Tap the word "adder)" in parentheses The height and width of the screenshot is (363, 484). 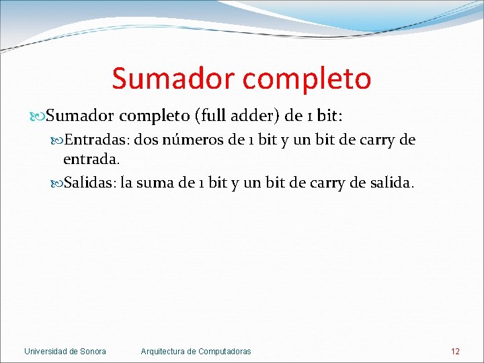click(x=256, y=116)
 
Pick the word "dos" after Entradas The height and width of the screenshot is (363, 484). click(x=147, y=140)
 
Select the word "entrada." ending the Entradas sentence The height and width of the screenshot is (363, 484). click(x=91, y=159)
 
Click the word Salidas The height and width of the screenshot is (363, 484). click(x=90, y=183)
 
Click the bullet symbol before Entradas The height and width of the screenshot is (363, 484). click(x=58, y=140)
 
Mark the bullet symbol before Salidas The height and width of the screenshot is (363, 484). click(x=58, y=184)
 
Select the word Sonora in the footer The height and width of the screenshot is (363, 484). click(x=93, y=351)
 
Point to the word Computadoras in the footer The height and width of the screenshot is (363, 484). click(x=225, y=351)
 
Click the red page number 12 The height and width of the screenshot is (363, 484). click(x=455, y=351)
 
